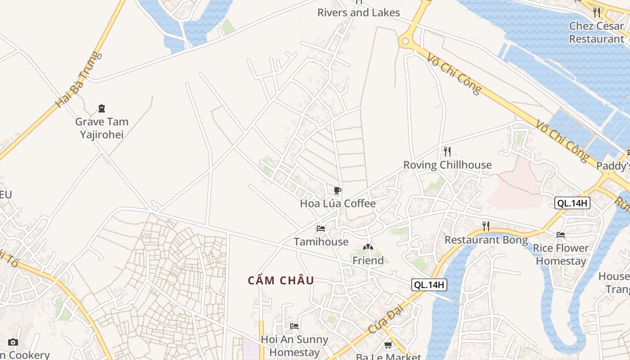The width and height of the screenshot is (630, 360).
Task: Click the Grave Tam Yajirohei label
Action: point(102,128)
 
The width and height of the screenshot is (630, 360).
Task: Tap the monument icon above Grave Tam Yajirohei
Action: point(102,108)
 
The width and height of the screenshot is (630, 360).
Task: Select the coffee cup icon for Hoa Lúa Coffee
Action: point(337,190)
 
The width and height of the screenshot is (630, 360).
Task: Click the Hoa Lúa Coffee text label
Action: point(337,203)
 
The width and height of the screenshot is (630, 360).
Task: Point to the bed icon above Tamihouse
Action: point(321,229)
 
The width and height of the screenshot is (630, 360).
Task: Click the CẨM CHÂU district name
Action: point(281,281)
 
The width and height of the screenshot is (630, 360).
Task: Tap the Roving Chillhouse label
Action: point(447,165)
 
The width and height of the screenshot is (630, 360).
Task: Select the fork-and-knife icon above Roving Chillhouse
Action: point(447,151)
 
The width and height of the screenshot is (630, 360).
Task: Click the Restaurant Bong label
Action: point(486,240)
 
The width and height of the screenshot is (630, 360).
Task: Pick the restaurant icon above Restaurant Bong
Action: point(486,226)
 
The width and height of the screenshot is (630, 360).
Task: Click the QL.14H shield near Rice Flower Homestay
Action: point(572,203)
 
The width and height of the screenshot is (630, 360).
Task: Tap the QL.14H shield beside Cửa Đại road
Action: point(429,284)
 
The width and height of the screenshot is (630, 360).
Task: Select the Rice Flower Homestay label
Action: point(561,254)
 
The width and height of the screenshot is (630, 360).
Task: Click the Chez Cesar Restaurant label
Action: point(597,32)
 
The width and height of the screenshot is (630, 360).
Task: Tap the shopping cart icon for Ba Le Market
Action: point(388,345)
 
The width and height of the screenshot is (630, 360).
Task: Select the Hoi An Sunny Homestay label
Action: point(294,346)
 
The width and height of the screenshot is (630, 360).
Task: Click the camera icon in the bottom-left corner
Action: point(13,342)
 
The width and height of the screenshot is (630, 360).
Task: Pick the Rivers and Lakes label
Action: point(359,13)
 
